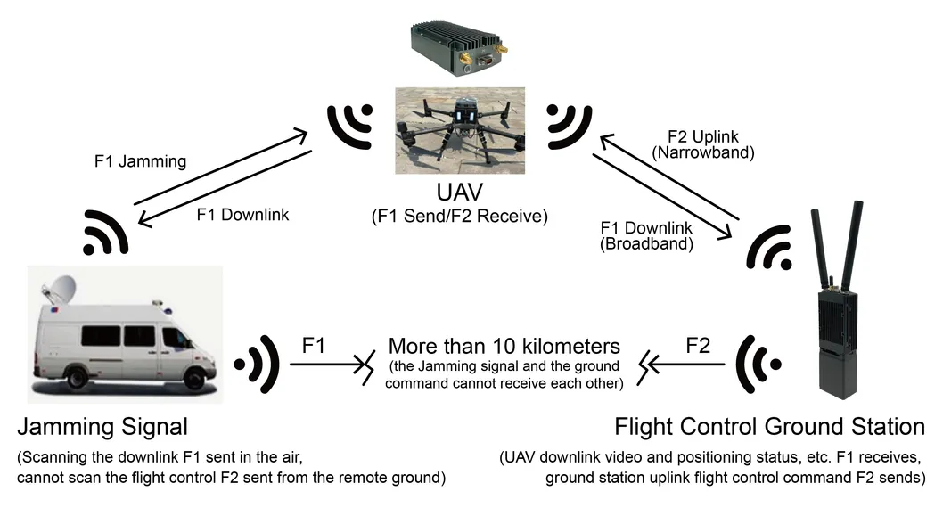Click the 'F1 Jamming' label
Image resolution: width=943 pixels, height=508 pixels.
(x=140, y=162)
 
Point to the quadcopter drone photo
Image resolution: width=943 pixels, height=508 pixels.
(x=459, y=129)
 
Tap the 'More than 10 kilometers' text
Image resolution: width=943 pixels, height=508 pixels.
(x=504, y=347)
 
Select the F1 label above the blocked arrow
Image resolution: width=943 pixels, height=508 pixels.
(x=313, y=345)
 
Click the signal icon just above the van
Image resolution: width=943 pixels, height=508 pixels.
(x=107, y=234)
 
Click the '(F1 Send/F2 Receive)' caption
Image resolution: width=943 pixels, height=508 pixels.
(x=459, y=216)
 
